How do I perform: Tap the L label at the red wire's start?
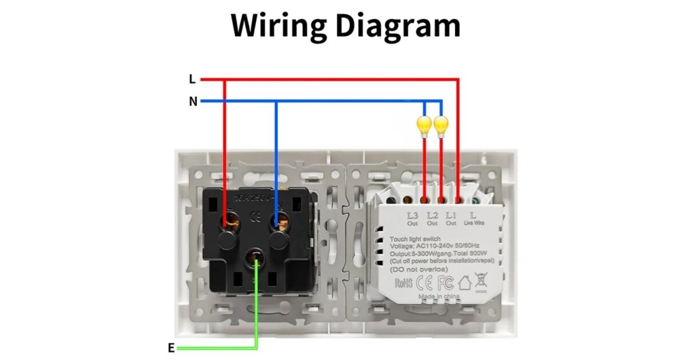(192, 79)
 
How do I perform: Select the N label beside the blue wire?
(193, 102)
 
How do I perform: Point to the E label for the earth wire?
(171, 348)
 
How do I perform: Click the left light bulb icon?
(424, 126)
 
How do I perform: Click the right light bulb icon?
(440, 126)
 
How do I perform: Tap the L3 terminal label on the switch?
(413, 216)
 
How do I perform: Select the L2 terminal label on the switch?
(432, 216)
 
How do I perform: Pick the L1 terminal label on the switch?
(451, 216)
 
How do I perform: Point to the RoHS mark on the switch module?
(404, 283)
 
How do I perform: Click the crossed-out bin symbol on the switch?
(481, 282)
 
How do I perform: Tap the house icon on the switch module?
(464, 282)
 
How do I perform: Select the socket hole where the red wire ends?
(232, 218)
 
